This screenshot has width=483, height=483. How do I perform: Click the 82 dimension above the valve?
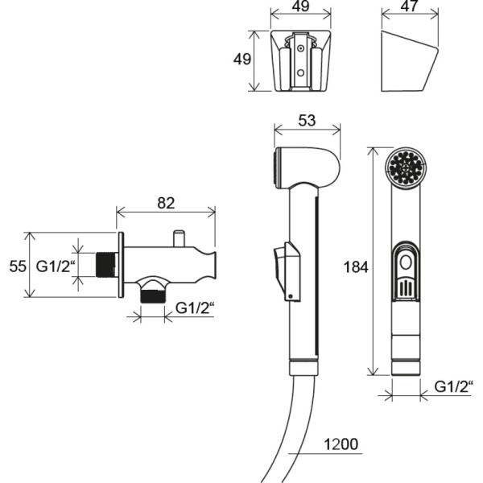click(x=165, y=203)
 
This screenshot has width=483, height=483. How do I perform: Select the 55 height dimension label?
click(x=16, y=266)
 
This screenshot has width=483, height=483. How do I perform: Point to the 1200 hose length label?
click(x=341, y=444)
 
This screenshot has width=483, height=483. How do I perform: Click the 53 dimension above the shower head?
click(x=306, y=121)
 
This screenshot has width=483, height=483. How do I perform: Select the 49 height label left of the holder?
click(x=241, y=60)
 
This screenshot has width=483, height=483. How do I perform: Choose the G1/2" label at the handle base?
click(x=452, y=386)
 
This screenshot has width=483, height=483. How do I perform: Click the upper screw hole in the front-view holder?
click(x=301, y=48)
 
